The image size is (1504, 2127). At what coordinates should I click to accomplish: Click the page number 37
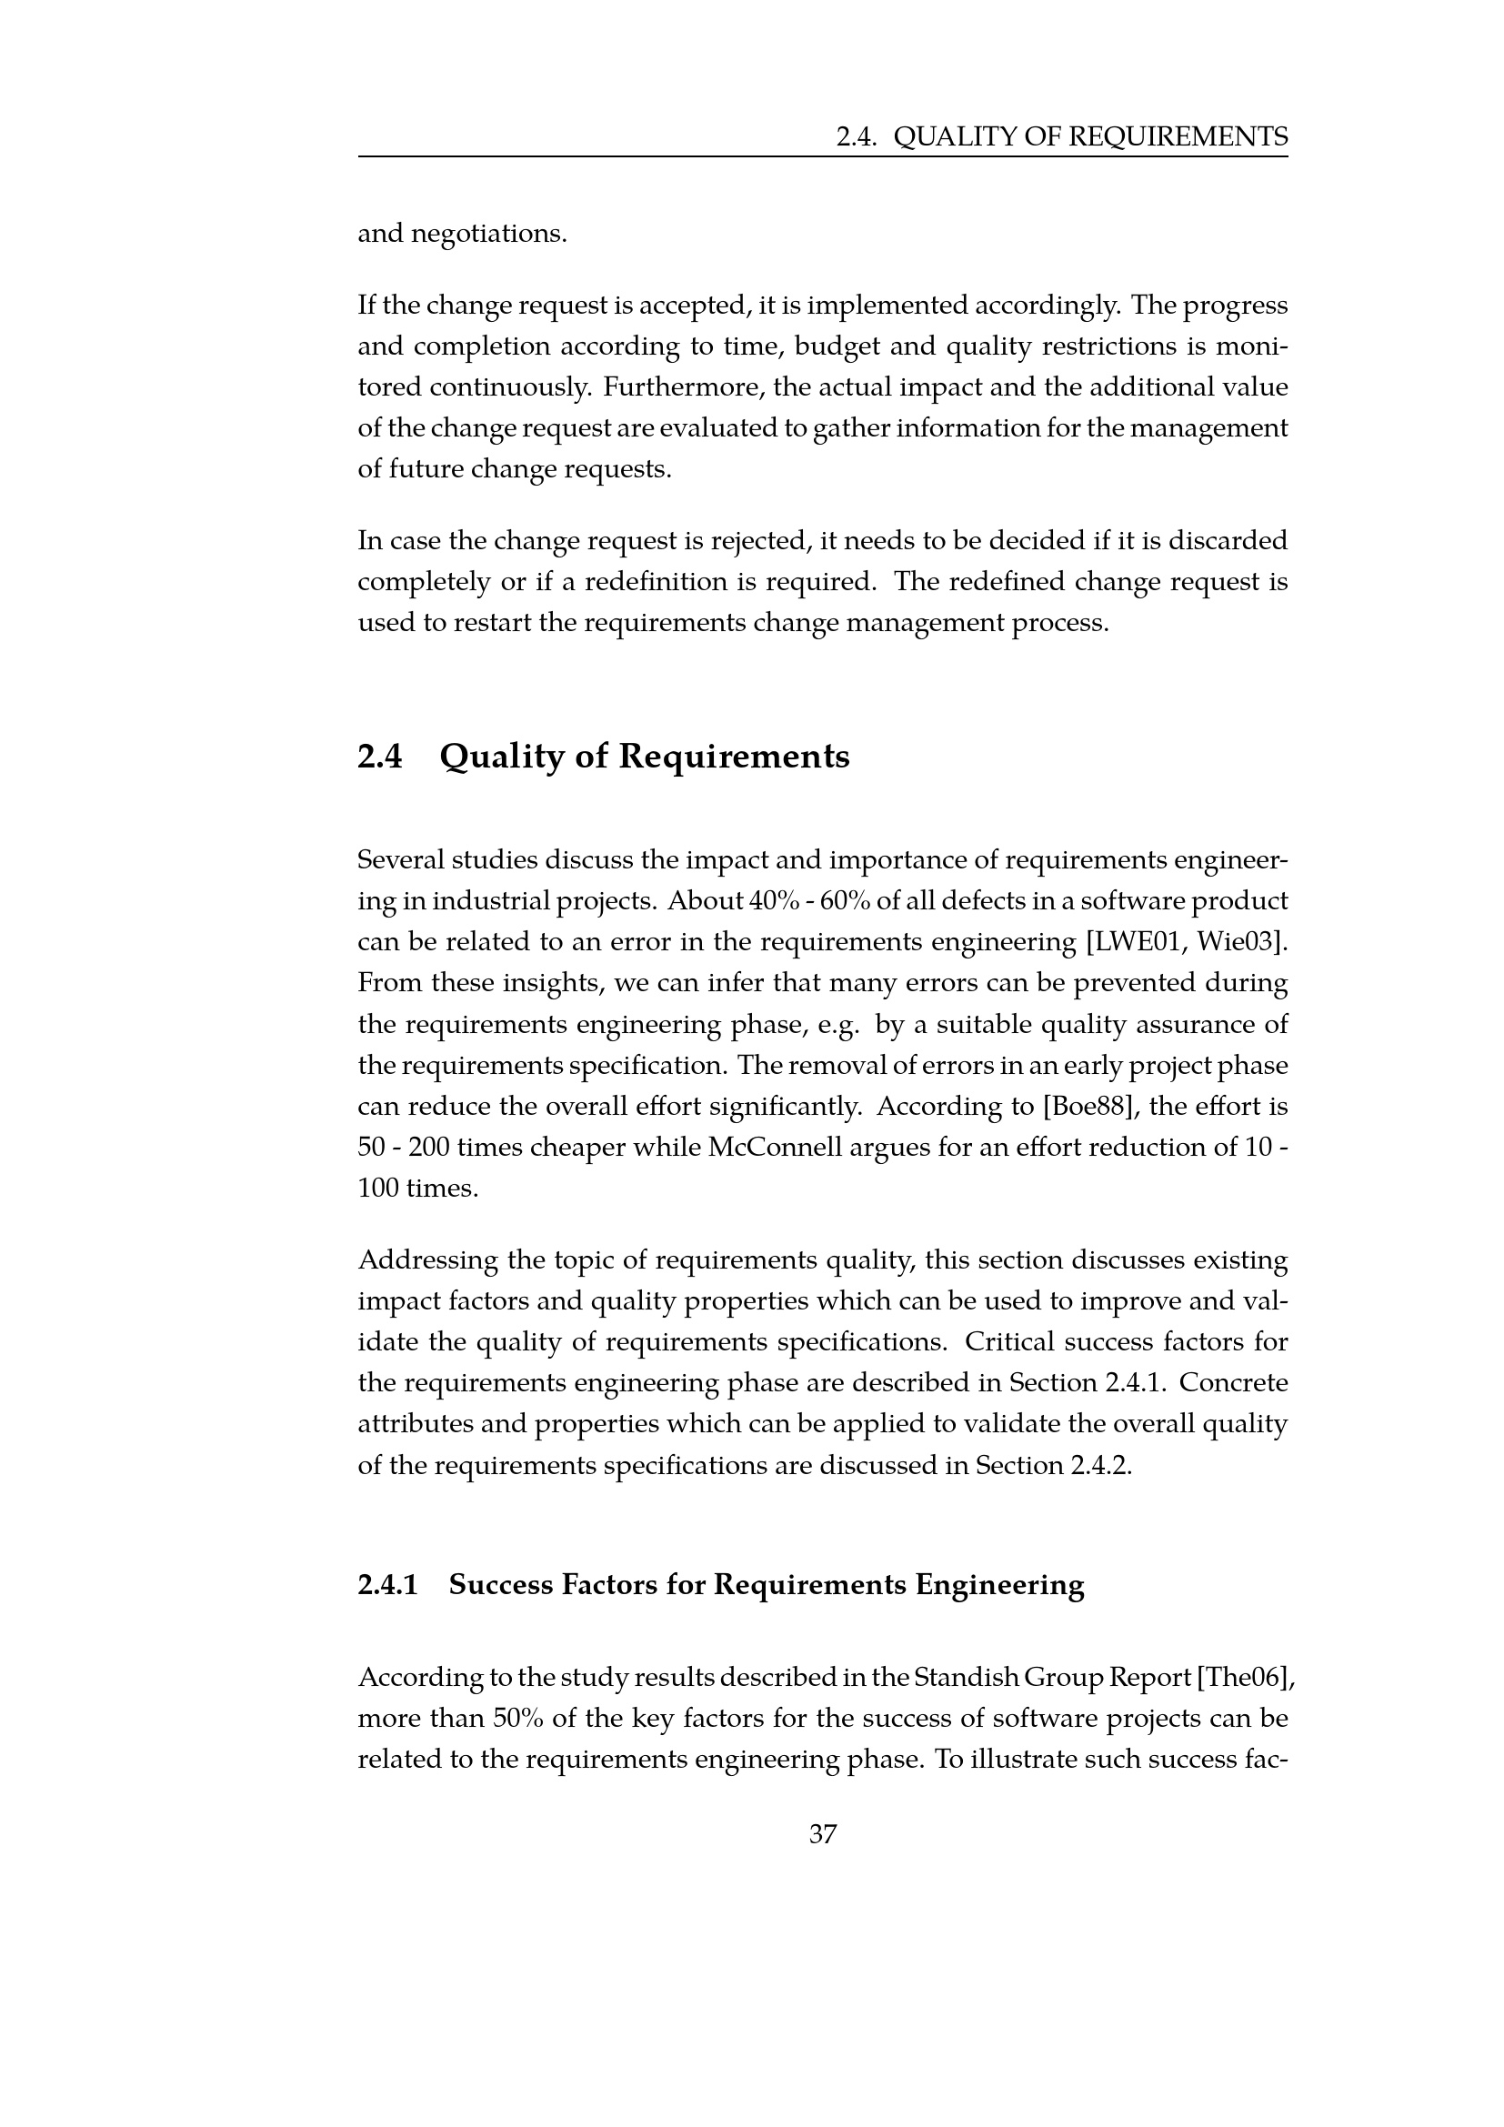click(x=822, y=1833)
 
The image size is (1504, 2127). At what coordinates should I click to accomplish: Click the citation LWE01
click(x=1138, y=942)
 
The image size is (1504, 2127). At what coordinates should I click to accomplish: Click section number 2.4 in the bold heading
click(x=380, y=757)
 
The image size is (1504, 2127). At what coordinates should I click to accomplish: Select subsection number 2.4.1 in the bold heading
click(x=387, y=1584)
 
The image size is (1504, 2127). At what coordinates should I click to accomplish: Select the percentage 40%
click(x=760, y=900)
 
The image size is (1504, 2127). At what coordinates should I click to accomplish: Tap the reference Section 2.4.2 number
click(x=1100, y=1466)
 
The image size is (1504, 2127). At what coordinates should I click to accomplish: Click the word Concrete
click(x=1234, y=1383)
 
